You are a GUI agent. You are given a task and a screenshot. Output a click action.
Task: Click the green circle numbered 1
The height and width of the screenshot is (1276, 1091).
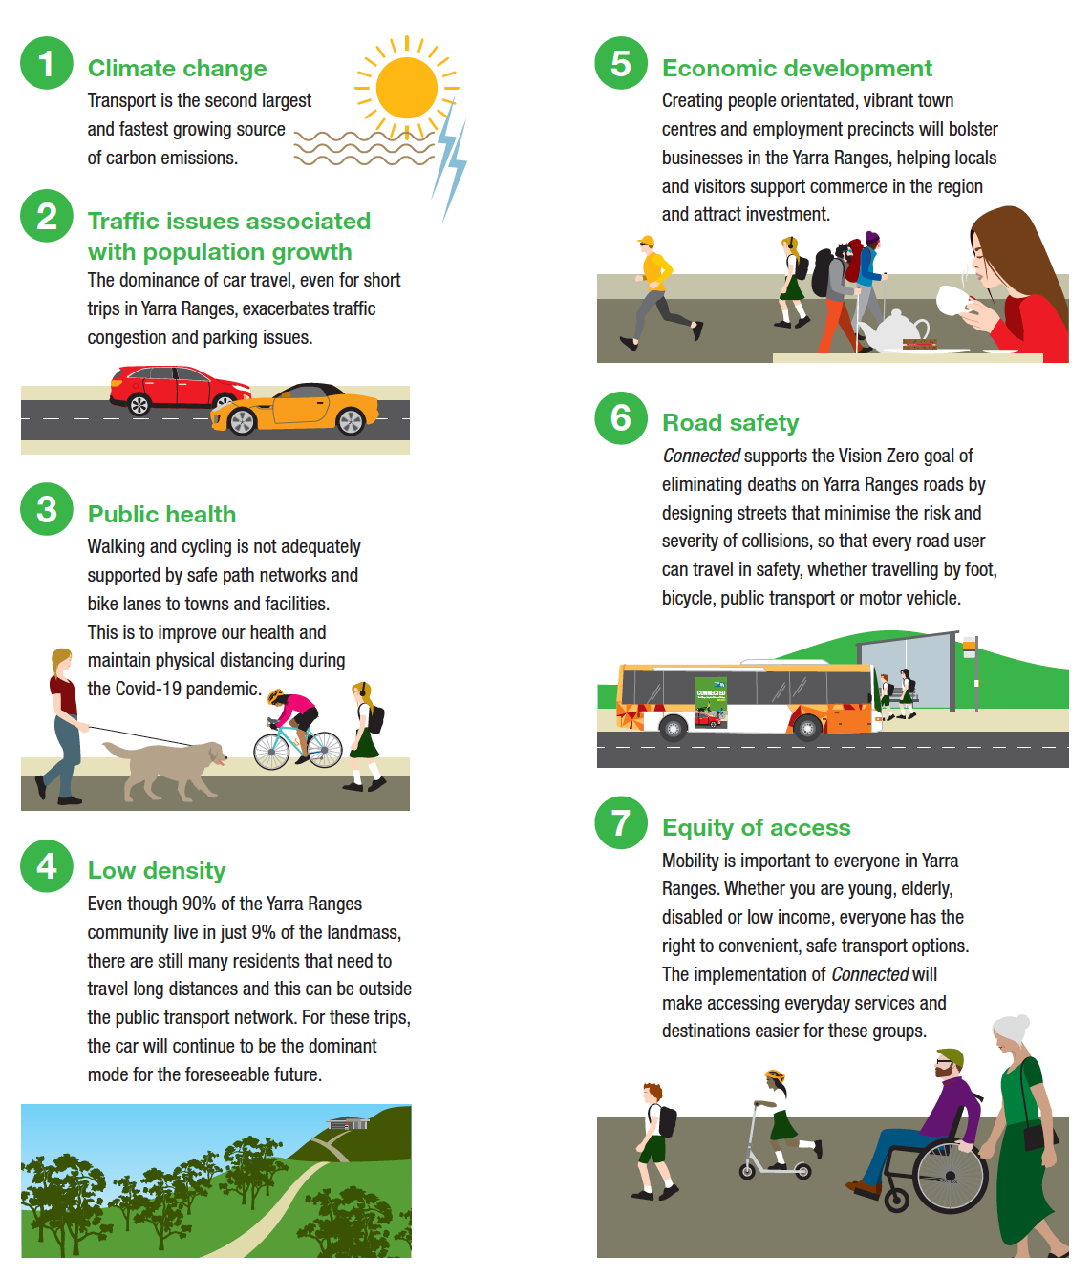coord(46,63)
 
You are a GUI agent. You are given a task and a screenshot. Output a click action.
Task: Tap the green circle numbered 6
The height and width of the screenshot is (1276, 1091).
coord(621,418)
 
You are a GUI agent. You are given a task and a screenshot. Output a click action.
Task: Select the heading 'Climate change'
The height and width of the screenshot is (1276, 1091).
coord(177,68)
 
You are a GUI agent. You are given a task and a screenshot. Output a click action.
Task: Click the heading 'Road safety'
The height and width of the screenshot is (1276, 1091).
coord(731,423)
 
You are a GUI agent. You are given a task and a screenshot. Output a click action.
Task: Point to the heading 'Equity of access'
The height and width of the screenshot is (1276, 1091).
coord(757,827)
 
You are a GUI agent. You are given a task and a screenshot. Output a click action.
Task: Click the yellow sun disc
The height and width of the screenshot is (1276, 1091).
coord(406,88)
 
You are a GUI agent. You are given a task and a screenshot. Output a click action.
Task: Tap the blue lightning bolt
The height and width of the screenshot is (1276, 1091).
coord(451,160)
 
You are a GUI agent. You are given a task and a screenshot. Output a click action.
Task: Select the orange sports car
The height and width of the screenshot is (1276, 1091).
coord(294,409)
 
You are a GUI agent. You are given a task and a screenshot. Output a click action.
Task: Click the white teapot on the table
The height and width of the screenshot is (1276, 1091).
coord(892,330)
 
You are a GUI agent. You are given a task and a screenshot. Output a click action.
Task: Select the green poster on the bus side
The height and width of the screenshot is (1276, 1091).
coord(711,703)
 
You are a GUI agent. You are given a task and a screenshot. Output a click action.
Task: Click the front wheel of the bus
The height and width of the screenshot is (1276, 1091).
coord(807,729)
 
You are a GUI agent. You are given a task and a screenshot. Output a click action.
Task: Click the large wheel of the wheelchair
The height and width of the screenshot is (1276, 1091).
coord(950,1177)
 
